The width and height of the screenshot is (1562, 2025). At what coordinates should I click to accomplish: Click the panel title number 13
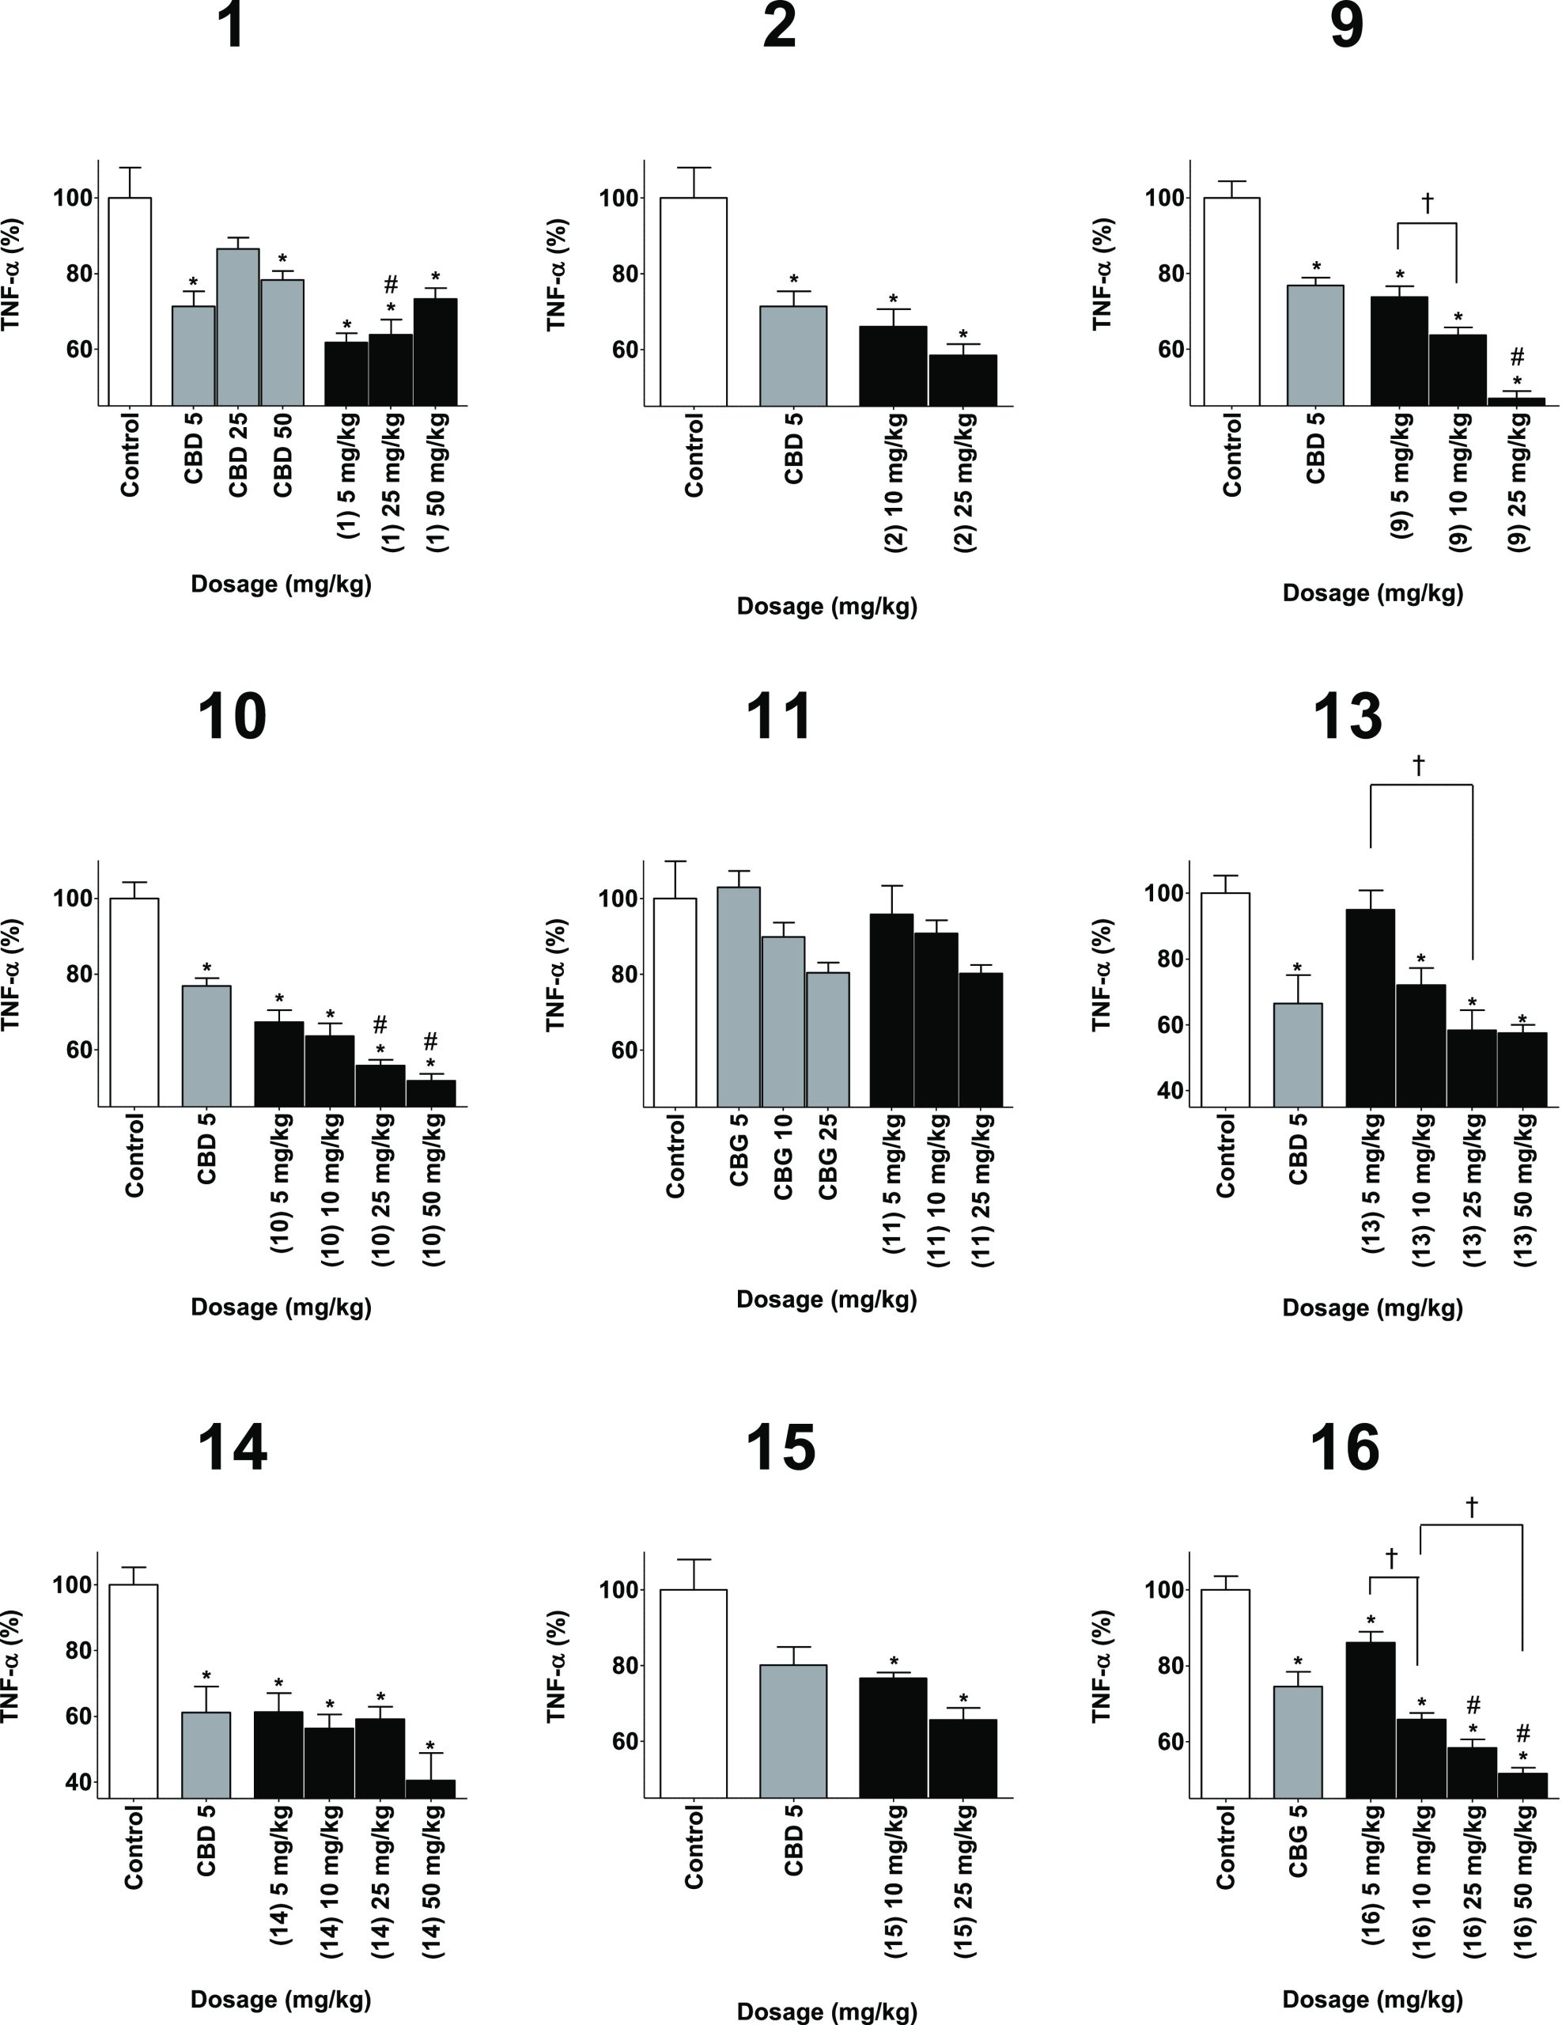pos(1346,716)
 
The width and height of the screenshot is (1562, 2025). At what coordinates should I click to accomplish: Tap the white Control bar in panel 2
pos(693,301)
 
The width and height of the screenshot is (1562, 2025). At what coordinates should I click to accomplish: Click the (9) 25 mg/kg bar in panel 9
pos(1517,400)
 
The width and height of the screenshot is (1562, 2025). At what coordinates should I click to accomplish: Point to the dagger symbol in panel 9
pos(1427,202)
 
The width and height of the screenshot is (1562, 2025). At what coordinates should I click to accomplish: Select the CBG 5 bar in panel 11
pos(738,996)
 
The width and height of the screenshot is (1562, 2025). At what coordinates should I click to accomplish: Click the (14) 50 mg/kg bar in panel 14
pos(430,1788)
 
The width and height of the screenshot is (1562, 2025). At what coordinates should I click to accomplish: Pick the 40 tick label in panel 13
pos(1170,1090)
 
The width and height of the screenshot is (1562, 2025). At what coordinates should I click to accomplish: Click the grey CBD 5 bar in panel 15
pos(792,1731)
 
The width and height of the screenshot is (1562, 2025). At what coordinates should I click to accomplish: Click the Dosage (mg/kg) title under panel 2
pos(826,607)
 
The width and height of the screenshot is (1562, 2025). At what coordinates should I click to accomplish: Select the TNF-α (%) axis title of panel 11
pos(556,975)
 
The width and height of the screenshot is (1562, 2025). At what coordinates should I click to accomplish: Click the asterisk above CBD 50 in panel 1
pos(282,259)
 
